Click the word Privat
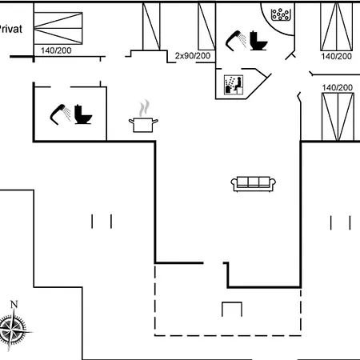coord(10,29)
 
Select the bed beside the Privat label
coord(58,28)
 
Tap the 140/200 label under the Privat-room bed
coord(56,50)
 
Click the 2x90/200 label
coord(193,56)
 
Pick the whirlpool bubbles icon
coord(280,14)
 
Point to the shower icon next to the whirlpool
coord(236,41)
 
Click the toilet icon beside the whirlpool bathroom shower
coord(258,41)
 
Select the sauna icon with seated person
coord(234,85)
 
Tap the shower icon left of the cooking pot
coord(61,114)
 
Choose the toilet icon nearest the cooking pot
coord(83,114)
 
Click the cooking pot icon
coord(143,125)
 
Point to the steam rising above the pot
coord(144,108)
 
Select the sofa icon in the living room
coord(253,184)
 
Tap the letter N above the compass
coord(14,304)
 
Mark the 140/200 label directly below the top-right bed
coord(336,56)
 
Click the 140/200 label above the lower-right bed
coord(338,87)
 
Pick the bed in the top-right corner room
coord(337,26)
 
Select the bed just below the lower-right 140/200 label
coord(338,117)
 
